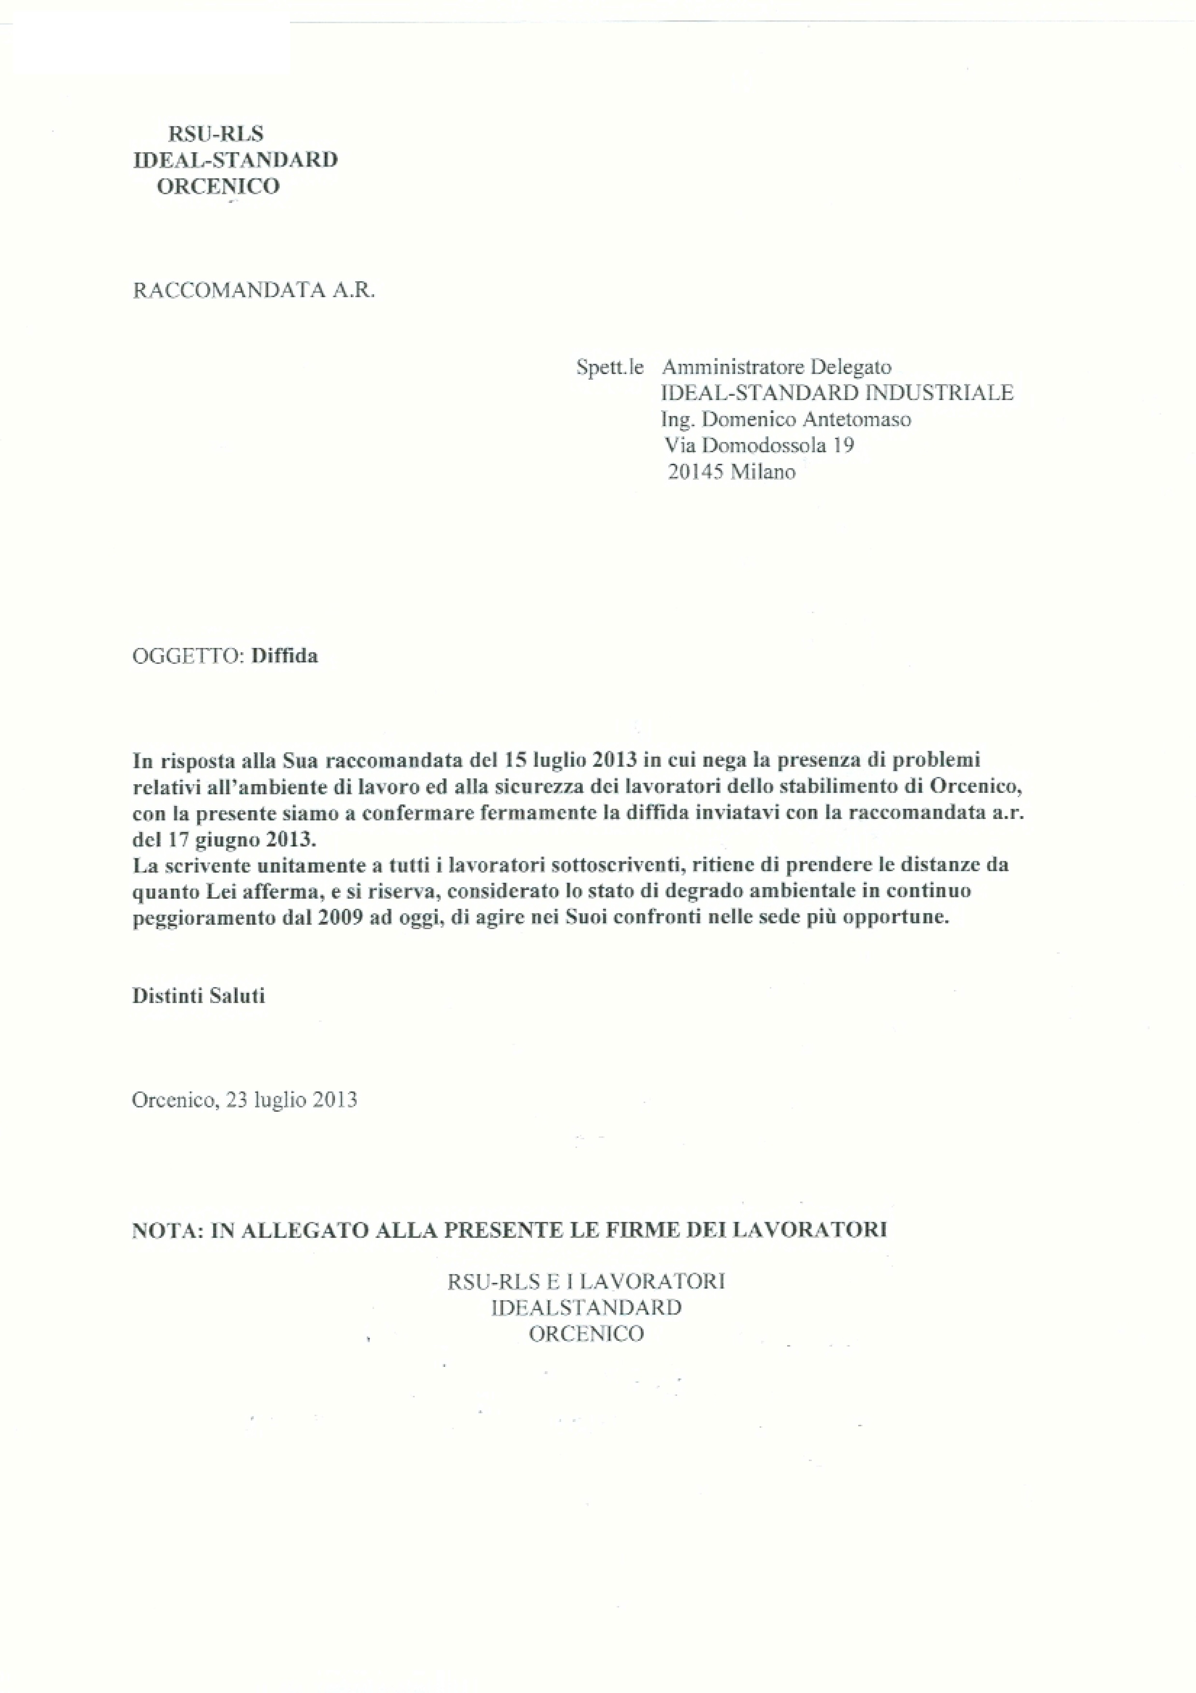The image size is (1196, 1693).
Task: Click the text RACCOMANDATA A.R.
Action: tap(254, 290)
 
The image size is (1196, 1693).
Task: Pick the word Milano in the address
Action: tap(763, 472)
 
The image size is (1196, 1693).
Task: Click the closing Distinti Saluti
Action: tap(198, 996)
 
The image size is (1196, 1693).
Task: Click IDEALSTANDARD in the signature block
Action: tap(586, 1307)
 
